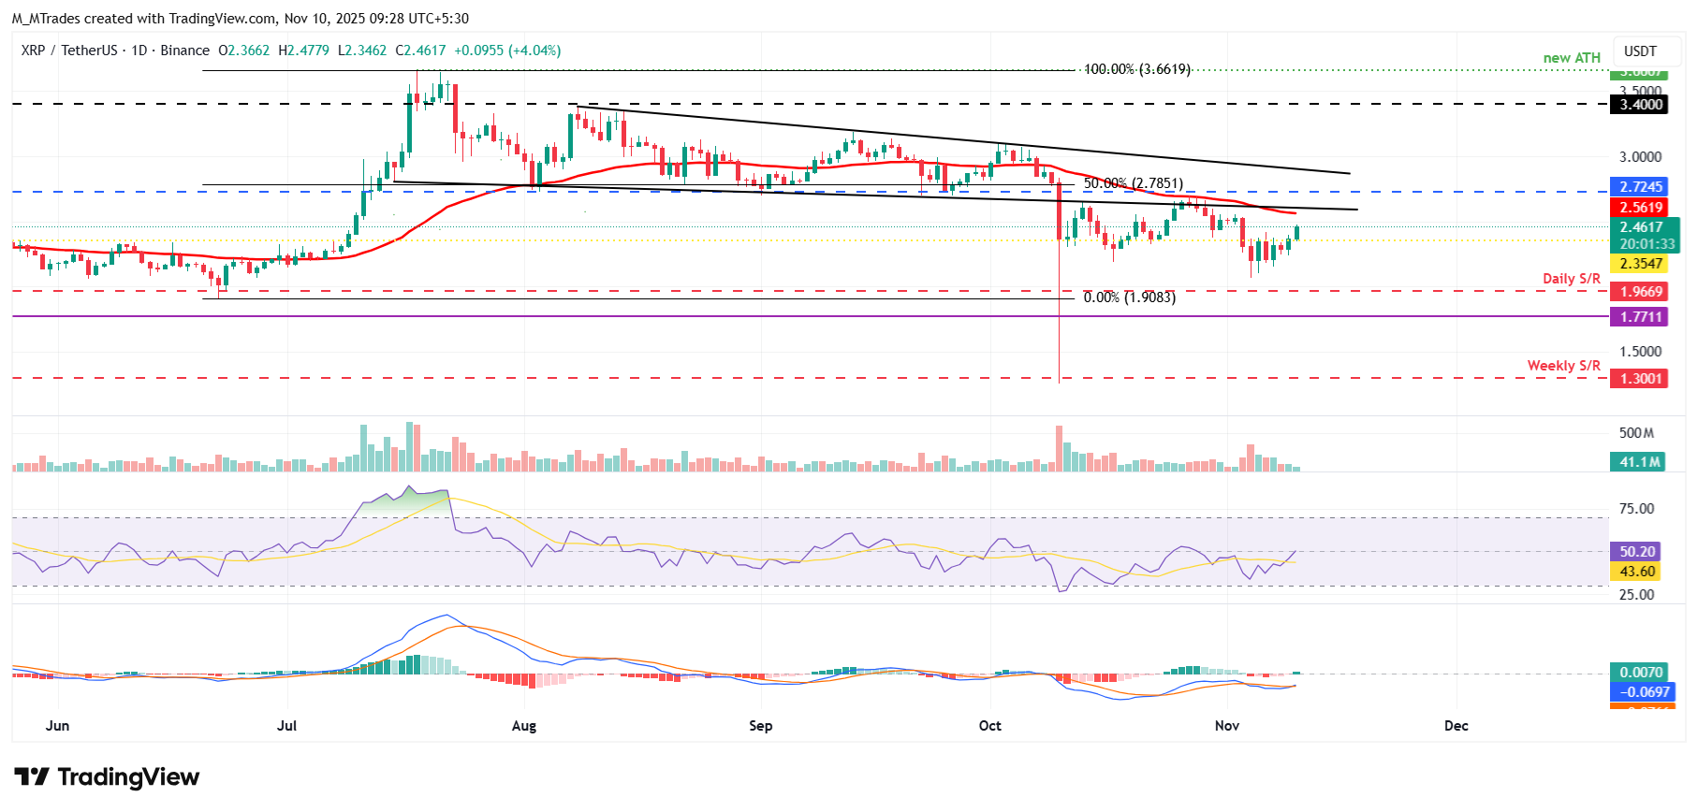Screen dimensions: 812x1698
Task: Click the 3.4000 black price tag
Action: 1641,105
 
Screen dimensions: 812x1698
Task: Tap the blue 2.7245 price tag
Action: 1641,187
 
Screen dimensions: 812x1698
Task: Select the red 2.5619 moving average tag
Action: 1641,208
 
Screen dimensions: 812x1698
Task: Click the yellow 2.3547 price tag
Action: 1641,264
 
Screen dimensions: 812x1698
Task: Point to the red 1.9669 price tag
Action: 1641,292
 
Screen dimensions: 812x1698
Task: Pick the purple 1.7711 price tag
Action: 1641,317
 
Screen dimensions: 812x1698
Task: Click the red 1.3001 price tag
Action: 1641,379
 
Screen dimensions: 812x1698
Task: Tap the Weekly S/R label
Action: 1563,366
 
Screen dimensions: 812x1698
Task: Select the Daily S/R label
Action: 1571,279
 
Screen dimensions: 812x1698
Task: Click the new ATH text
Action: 1572,58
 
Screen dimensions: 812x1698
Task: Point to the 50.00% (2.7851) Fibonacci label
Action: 1133,183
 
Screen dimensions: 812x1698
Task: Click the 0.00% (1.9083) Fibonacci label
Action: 1129,297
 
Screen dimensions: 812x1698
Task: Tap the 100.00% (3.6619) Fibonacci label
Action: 1136,69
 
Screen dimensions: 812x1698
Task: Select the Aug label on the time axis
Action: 524,726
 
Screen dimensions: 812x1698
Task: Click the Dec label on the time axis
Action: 1456,726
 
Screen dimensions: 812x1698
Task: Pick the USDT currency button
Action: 1639,51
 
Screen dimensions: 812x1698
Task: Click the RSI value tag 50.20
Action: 1637,552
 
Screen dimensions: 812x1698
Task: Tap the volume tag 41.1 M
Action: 1639,462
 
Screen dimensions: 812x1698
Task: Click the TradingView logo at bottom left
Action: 107,777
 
